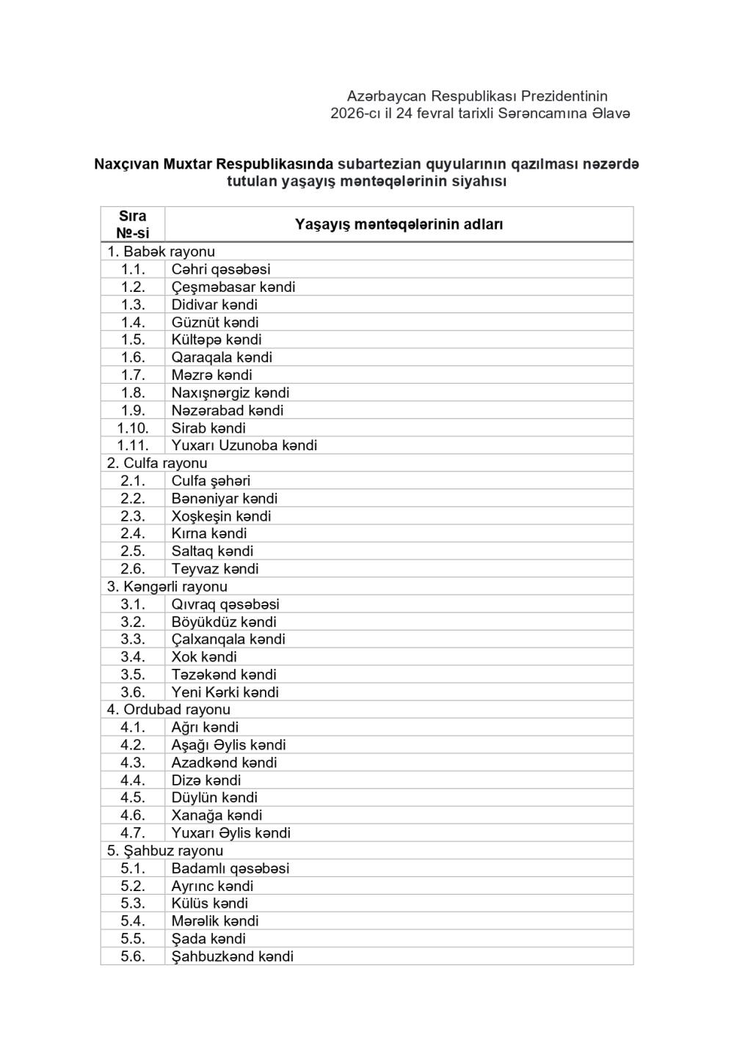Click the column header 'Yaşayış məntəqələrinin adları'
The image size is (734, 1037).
[x=399, y=224]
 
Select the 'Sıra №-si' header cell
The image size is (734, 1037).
[x=133, y=224]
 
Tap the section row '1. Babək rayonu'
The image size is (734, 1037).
[x=161, y=252]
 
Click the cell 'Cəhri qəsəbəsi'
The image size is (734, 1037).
[x=221, y=269]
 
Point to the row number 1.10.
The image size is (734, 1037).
[x=133, y=428]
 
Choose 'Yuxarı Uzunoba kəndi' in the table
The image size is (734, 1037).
[x=244, y=445]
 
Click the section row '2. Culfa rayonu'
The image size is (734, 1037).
[x=157, y=463]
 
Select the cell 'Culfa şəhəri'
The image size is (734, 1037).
[x=211, y=480]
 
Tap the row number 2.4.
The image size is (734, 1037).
[x=133, y=533]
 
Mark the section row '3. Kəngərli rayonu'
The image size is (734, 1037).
[x=167, y=586]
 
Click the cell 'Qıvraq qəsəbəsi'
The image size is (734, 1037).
[x=225, y=604]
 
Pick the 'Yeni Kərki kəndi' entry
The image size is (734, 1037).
[x=225, y=692]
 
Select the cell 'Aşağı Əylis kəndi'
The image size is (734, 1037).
[x=229, y=745]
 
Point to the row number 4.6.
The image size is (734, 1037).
[x=133, y=816]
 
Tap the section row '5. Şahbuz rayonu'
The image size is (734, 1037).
[x=165, y=851]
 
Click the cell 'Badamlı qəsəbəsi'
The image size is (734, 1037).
[x=230, y=868]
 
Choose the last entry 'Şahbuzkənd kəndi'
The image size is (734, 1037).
[x=233, y=956]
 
